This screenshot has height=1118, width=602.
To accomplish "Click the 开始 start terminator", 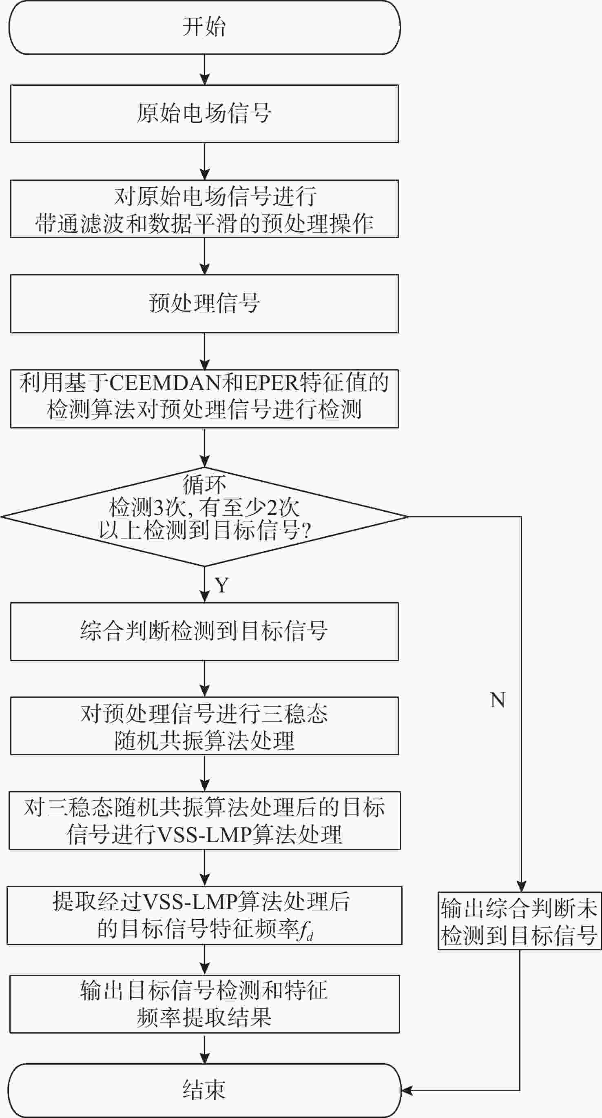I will point(204,27).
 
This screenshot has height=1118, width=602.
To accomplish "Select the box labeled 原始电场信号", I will point(204,114).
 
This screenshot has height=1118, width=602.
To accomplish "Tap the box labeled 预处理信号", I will point(204,304).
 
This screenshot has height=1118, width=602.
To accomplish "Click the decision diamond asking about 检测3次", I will point(204,517).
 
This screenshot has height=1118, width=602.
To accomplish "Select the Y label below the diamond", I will point(221,586).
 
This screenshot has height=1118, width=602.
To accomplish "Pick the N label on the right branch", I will point(498,700).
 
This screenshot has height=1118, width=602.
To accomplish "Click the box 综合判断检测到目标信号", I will point(204,632).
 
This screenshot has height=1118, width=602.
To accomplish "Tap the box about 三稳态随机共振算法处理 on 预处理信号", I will point(204,726).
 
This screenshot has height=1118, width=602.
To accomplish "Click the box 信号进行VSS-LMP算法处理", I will point(204,821).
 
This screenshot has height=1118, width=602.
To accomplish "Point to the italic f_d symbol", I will point(306,931).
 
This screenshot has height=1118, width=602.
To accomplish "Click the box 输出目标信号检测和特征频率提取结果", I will point(204,1004).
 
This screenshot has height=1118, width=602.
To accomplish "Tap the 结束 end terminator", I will point(204,1090).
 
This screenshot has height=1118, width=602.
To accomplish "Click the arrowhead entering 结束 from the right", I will point(407,1090).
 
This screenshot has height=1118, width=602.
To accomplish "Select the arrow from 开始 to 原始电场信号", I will point(204,69).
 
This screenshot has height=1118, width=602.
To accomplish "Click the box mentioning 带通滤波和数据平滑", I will point(204,209).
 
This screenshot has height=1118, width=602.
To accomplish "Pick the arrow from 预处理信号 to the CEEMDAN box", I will point(204,351).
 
